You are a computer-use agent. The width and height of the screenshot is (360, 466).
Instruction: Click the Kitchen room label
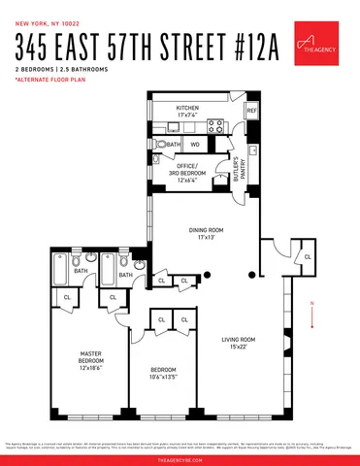[187, 108]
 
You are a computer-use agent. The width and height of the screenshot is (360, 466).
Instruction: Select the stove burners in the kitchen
[217, 125]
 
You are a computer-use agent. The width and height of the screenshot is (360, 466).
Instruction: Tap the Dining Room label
[205, 230]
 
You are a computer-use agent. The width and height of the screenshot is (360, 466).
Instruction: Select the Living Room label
[238, 339]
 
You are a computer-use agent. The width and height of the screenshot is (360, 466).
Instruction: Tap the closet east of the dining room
[307, 256]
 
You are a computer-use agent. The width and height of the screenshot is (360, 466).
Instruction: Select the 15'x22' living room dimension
[238, 348]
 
